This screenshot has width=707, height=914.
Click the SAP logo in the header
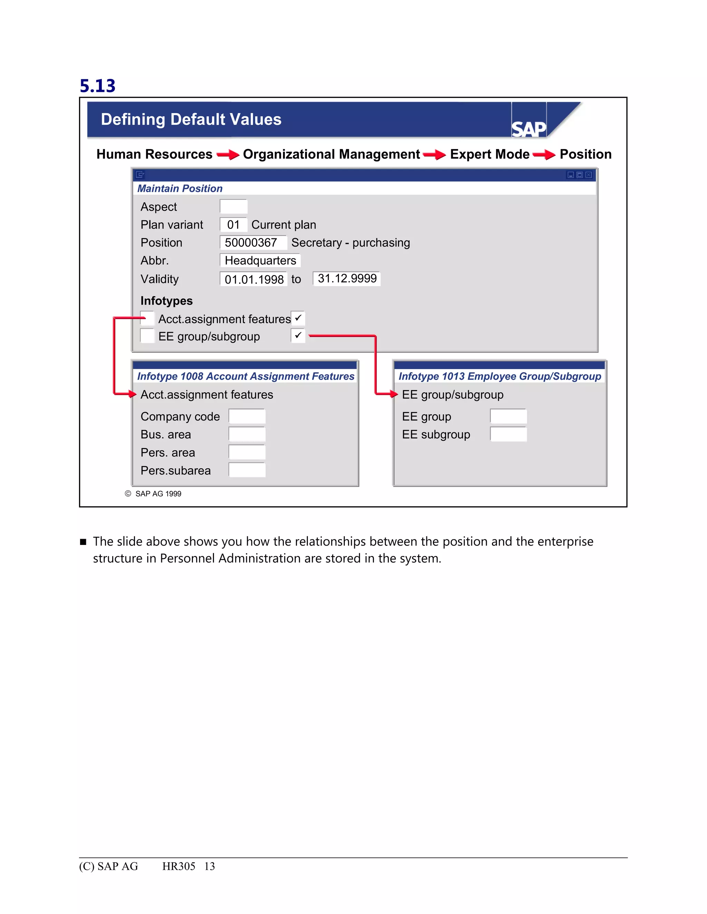[x=529, y=129]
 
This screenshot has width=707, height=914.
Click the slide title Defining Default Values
[x=191, y=119]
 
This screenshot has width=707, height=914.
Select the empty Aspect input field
[x=233, y=207]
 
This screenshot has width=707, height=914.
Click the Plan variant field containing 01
[x=233, y=225]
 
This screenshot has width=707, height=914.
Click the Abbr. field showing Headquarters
[x=260, y=261]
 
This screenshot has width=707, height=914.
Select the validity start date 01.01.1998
[x=254, y=279]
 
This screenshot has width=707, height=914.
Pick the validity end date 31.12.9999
[x=347, y=278]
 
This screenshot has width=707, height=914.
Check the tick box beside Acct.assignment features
[x=298, y=318]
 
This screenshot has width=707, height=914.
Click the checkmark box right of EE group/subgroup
[x=298, y=336]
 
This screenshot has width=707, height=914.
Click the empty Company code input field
[x=247, y=416]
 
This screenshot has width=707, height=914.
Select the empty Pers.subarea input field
[x=247, y=470]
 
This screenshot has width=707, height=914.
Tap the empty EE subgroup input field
[x=508, y=434]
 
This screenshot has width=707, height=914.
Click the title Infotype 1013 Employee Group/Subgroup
[x=499, y=376]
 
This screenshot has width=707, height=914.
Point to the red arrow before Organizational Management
[x=228, y=155]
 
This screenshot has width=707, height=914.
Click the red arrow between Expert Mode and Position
[x=544, y=155]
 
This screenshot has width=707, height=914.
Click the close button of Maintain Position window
[x=589, y=175]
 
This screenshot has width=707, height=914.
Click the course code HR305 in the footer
[x=178, y=866]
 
